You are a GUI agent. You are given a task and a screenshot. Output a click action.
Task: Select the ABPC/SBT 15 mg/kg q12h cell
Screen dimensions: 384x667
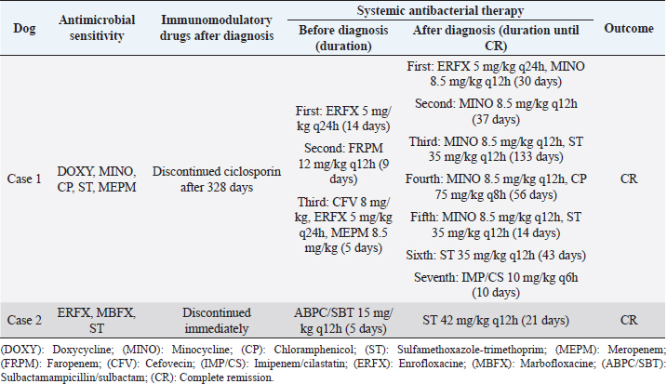coord(336,320)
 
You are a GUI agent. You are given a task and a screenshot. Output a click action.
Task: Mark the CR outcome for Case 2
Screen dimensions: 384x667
coord(629,320)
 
